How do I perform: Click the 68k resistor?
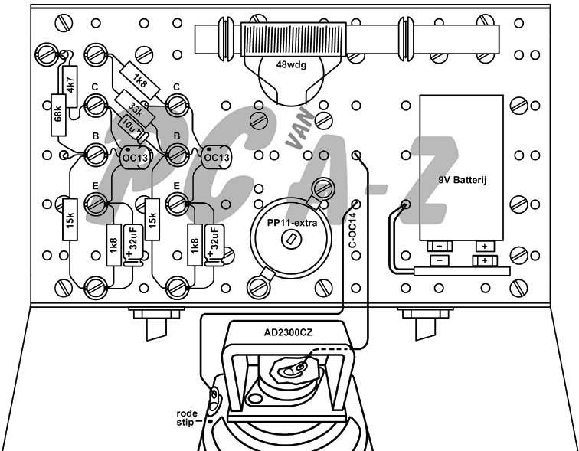[58, 114]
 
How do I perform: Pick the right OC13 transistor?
[216, 157]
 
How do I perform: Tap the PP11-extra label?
[289, 223]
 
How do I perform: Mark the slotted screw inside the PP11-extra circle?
[290, 240]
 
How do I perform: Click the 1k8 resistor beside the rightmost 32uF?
[194, 245]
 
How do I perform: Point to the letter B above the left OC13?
[96, 136]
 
